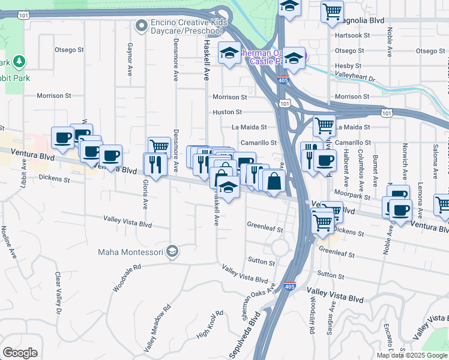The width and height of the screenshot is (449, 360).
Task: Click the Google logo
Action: click(x=20, y=353)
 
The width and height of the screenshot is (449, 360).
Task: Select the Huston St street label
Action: click(x=227, y=112)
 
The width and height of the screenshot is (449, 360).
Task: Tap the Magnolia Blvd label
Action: click(x=363, y=20)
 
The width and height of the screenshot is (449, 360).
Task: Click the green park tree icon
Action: click(x=19, y=61)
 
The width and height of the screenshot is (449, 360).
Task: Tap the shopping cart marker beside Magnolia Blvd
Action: click(x=332, y=11)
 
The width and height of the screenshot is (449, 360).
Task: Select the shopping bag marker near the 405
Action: click(x=274, y=181)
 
